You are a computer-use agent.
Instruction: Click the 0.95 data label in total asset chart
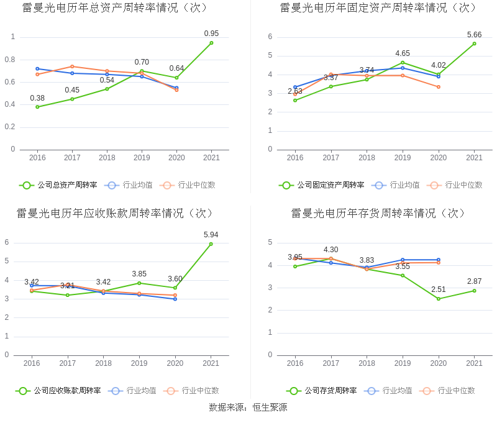tap(211, 34)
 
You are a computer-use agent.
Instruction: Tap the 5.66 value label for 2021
tap(475, 35)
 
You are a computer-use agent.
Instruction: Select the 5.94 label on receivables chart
tap(211, 235)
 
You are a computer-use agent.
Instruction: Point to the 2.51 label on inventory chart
tap(439, 289)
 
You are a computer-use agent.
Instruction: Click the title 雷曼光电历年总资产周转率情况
tap(115, 8)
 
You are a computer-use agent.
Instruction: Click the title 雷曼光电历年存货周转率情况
tap(378, 213)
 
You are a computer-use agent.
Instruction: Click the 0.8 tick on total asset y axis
tap(11, 60)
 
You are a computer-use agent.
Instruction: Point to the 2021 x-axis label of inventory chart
tap(475, 363)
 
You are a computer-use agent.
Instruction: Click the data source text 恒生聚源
tap(270, 408)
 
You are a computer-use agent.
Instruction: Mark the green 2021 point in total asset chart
tap(211, 43)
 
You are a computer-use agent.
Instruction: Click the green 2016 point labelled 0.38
tap(37, 107)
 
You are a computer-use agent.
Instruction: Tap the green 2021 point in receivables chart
tap(211, 244)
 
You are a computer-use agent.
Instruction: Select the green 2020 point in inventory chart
tap(439, 299)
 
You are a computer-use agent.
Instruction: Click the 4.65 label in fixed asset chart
tap(403, 53)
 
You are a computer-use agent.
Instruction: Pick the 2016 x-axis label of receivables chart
tap(32, 363)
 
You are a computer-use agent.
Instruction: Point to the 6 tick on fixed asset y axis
tap(270, 37)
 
